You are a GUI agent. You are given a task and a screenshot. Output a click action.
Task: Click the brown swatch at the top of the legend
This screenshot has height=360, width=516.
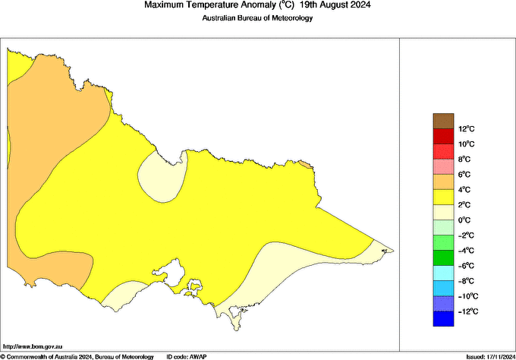coord(442,120)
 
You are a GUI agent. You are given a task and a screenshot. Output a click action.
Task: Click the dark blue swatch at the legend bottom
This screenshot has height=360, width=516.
coord(442,319)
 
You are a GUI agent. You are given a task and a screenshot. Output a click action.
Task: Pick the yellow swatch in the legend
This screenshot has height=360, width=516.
coord(442,197)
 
